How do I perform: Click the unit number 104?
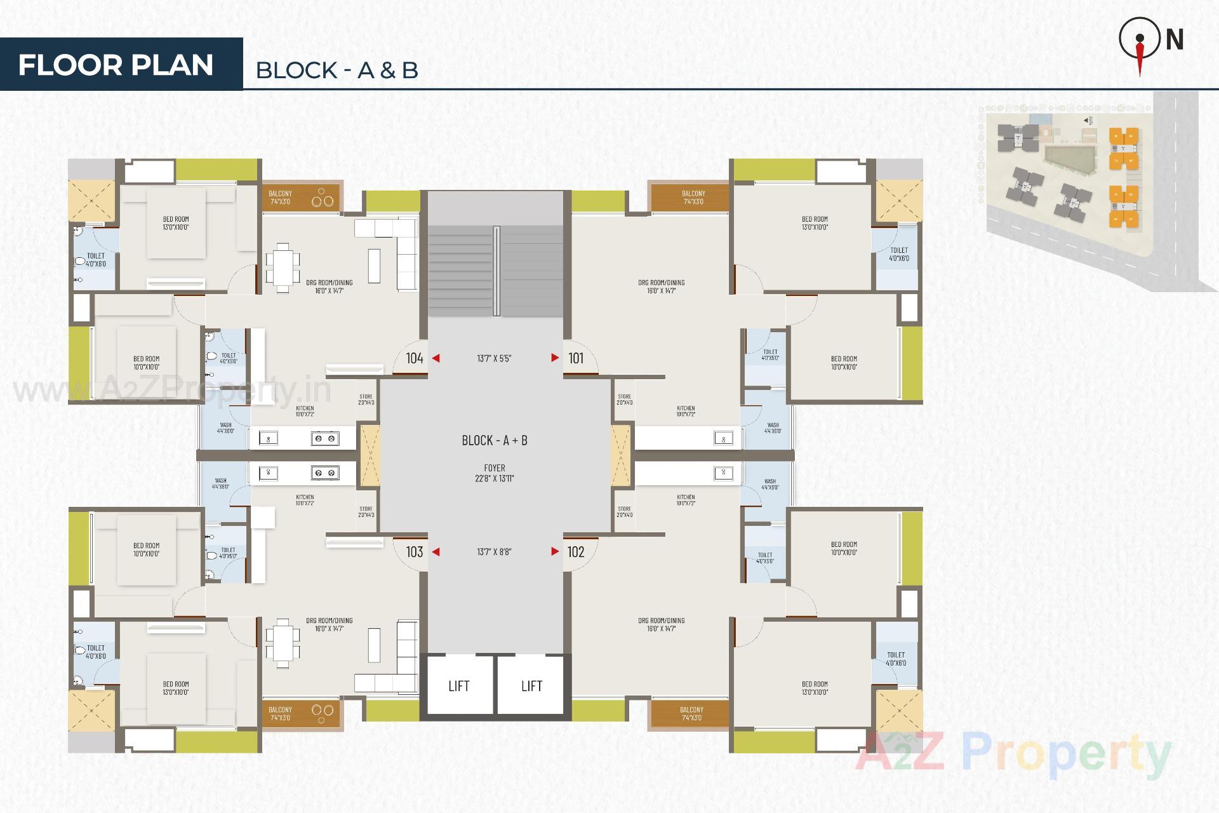(x=415, y=358)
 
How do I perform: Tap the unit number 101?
(x=576, y=358)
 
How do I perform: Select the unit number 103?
(x=415, y=552)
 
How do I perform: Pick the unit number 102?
(x=576, y=552)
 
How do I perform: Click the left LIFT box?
(x=458, y=686)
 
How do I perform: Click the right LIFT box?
(x=531, y=686)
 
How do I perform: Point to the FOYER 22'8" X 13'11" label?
(x=495, y=473)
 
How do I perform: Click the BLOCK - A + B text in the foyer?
(x=495, y=440)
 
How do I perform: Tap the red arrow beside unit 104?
(x=436, y=358)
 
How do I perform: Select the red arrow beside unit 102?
(x=555, y=552)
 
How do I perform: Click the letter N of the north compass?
(x=1175, y=40)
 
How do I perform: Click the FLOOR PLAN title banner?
(x=116, y=65)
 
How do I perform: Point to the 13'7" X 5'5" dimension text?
(x=494, y=358)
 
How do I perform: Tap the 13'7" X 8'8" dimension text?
(x=494, y=552)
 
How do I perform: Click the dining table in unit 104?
(x=283, y=267)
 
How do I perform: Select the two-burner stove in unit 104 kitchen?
(x=324, y=438)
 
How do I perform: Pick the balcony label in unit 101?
(x=693, y=198)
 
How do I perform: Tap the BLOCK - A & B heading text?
(x=336, y=70)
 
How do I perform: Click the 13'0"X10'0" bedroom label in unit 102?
(x=815, y=689)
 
